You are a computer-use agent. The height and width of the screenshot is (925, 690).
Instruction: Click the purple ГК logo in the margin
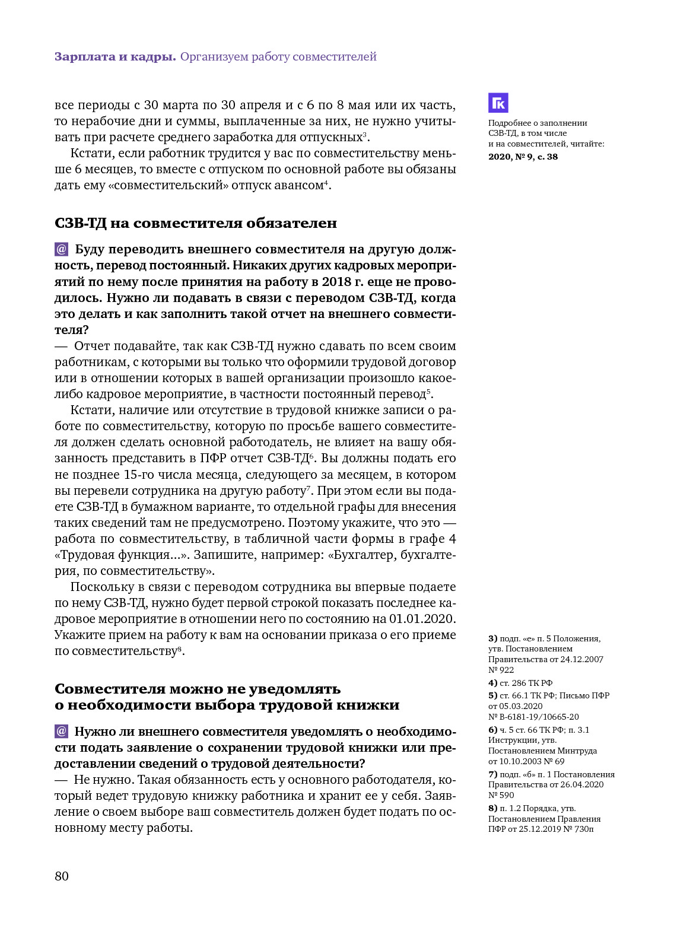(x=498, y=103)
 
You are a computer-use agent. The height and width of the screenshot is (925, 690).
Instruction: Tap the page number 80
(x=62, y=876)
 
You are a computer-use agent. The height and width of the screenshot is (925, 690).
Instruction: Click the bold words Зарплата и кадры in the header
(x=115, y=57)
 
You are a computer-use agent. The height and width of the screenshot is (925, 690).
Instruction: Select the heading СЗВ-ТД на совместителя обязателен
(x=196, y=223)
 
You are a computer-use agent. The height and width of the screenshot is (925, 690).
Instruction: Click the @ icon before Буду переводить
(x=61, y=249)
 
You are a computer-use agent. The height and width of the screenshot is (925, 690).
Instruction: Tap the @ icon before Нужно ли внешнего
(x=61, y=731)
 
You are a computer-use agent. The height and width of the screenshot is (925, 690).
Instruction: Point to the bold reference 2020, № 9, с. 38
(x=523, y=157)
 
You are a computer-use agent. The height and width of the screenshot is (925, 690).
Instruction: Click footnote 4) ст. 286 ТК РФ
(x=520, y=683)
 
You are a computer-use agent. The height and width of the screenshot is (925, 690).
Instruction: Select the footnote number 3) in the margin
(x=492, y=638)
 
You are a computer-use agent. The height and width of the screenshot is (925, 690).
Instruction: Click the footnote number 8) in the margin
(x=492, y=808)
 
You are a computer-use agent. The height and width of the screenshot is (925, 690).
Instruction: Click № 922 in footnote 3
(x=501, y=670)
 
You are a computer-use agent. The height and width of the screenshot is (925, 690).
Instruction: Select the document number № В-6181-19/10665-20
(x=533, y=717)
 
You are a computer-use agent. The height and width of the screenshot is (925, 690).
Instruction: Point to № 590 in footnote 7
(x=501, y=795)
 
